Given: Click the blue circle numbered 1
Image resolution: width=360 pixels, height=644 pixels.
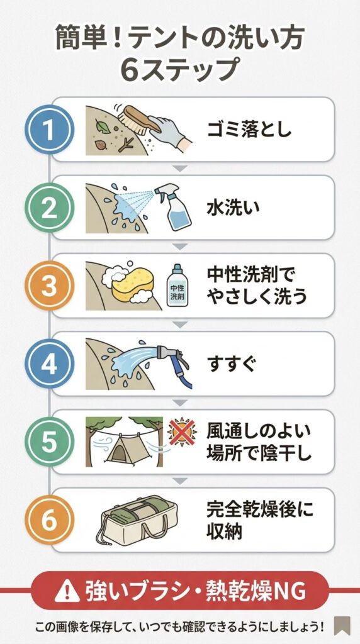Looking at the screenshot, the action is [x=50, y=129].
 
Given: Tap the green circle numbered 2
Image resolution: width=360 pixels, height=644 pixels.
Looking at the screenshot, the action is [x=50, y=208].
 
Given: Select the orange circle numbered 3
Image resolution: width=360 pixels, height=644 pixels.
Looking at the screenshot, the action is [x=50, y=286].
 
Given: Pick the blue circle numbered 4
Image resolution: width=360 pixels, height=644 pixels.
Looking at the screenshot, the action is [x=50, y=364].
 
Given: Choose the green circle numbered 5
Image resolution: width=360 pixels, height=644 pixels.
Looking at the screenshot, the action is [x=50, y=442].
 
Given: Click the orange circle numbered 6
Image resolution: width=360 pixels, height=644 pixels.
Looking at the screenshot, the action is [x=50, y=520].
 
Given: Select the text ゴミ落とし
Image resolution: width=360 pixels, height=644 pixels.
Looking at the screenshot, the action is [x=249, y=129].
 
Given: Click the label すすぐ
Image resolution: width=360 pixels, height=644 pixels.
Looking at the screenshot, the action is [x=232, y=364].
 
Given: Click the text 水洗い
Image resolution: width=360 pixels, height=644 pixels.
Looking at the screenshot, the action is [x=233, y=208].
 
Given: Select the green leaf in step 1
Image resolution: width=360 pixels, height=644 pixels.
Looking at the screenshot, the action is [x=103, y=125].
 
